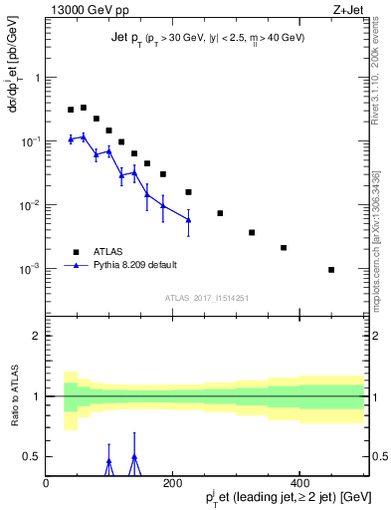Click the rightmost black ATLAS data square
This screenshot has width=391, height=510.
click(x=331, y=270)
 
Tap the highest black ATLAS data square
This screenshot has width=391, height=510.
click(x=84, y=108)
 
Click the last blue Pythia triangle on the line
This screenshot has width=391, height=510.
click(x=188, y=220)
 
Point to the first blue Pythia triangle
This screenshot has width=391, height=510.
click(x=71, y=139)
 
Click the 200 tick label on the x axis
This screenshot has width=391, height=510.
click(x=173, y=483)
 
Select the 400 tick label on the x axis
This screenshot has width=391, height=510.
click(x=299, y=483)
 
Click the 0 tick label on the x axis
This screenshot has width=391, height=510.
click(x=47, y=483)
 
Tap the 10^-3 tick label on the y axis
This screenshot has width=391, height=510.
click(x=31, y=269)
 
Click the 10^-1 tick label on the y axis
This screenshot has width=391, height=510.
click(x=31, y=141)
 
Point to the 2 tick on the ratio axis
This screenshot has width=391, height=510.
click(x=37, y=336)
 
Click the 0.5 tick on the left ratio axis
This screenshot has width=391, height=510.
click(x=33, y=456)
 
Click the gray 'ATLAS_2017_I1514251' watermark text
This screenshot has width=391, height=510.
click(x=206, y=297)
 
